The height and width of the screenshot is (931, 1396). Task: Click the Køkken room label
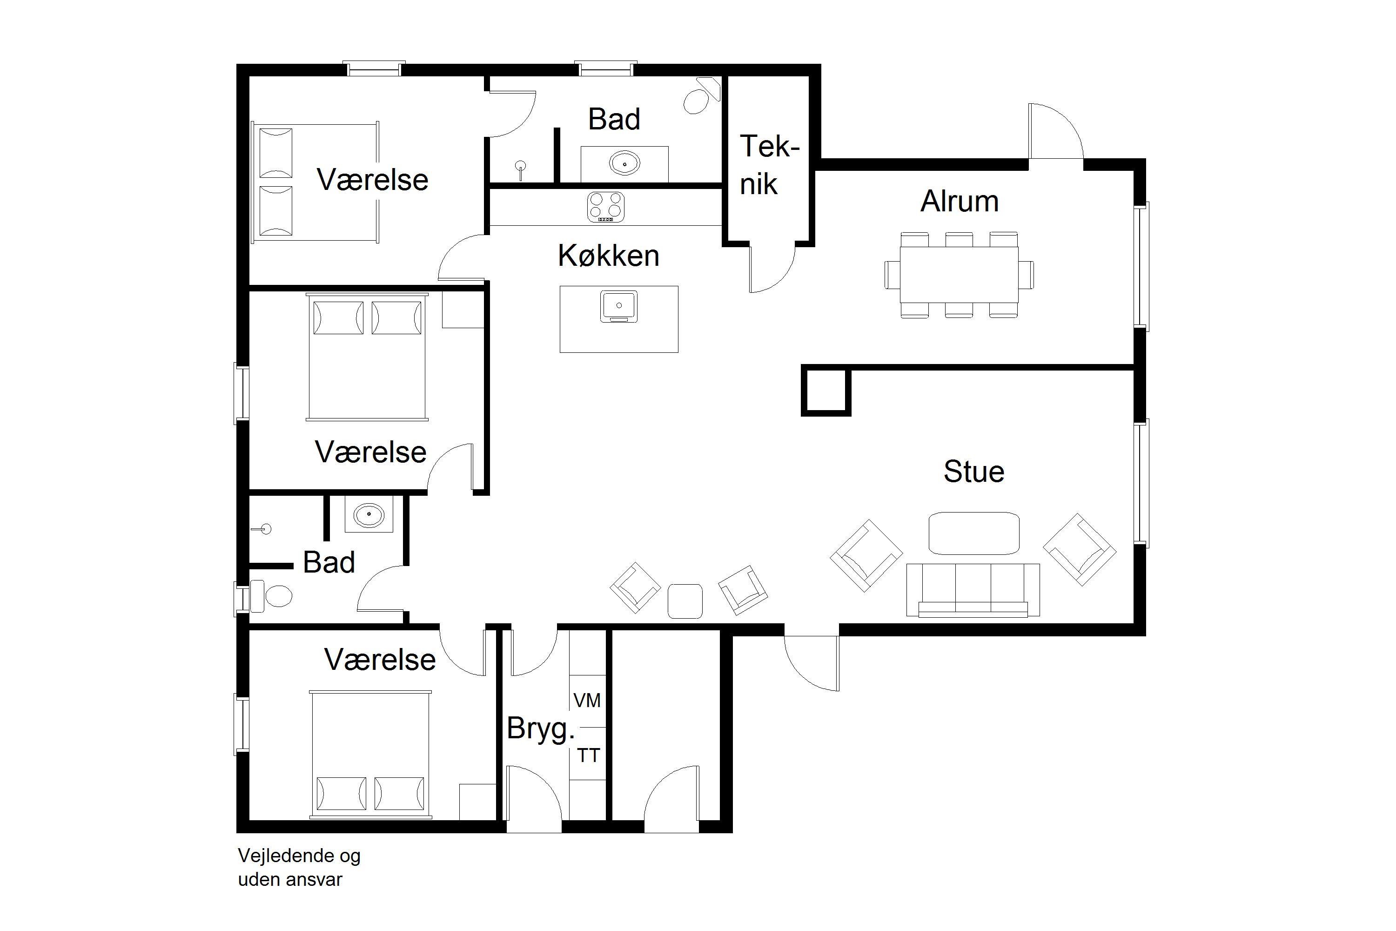point(608,256)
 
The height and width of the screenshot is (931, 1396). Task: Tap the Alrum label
point(959,201)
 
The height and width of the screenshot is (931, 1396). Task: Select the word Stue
point(974,472)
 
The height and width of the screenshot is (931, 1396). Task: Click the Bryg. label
point(540,729)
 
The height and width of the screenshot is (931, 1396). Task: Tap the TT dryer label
point(589,756)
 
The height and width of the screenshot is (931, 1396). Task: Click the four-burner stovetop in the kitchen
point(605,207)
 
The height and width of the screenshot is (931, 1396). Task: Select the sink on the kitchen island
point(618,306)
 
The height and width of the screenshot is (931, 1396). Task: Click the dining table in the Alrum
point(959,275)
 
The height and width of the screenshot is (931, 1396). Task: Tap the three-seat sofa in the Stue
point(973,590)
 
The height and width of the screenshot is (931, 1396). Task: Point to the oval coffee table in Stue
point(974,533)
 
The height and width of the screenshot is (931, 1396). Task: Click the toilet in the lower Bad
point(272,596)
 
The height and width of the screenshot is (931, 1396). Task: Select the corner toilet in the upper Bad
point(702,97)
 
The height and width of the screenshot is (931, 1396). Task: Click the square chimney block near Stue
point(826,390)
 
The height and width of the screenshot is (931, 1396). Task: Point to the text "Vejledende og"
point(299,856)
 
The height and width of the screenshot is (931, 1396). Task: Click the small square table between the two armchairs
point(685,601)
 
